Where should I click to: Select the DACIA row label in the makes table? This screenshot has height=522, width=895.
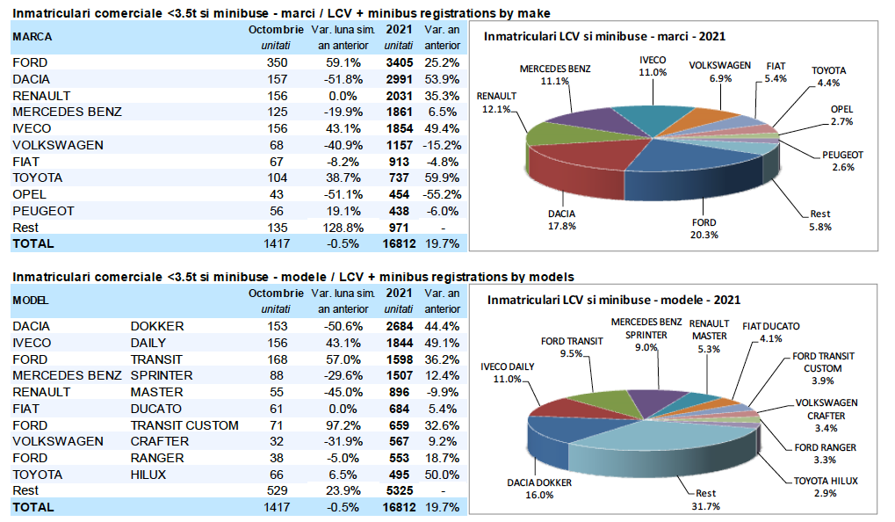(32, 79)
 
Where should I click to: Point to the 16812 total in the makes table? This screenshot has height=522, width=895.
(397, 243)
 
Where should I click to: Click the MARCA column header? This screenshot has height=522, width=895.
(32, 37)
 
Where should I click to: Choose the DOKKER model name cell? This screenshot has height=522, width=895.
(157, 326)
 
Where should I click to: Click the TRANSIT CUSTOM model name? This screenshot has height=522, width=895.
(184, 425)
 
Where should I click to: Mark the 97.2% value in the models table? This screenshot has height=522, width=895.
(343, 425)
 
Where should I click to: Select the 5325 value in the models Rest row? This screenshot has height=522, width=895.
(398, 491)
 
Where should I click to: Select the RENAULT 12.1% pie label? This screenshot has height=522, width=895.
(498, 101)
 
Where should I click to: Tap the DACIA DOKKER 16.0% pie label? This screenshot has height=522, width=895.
(540, 489)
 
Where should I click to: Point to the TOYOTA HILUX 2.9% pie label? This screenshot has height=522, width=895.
(825, 487)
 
